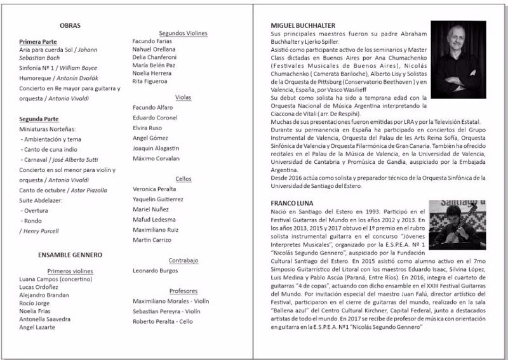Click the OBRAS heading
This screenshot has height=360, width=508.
[x=70, y=25]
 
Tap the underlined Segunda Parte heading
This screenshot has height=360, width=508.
[x=39, y=119]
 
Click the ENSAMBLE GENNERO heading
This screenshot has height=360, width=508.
[x=70, y=255]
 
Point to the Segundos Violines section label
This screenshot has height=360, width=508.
[x=183, y=33]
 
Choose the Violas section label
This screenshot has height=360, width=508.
[x=183, y=97]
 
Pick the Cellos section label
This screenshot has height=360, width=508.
[x=183, y=179]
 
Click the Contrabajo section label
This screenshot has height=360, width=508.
[x=184, y=260]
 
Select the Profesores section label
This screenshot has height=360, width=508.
[x=184, y=291]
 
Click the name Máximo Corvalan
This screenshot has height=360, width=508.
[x=156, y=157]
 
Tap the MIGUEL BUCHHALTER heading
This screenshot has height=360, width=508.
[x=303, y=25]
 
